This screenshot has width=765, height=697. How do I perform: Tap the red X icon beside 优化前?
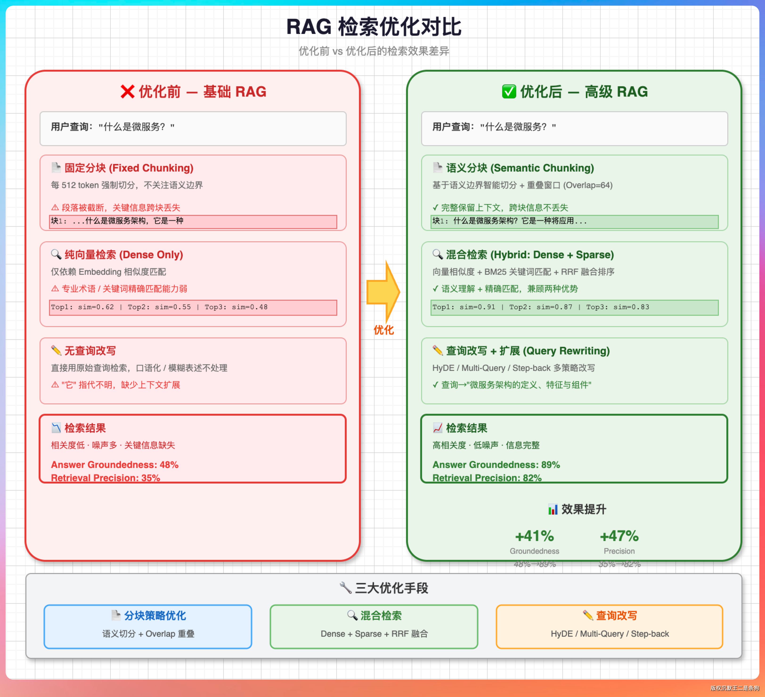coord(127,91)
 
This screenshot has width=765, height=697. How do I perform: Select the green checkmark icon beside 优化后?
coord(509,91)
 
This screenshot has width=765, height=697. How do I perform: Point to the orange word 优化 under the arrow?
coord(384,330)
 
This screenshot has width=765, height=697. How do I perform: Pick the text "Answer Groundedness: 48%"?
coord(115,465)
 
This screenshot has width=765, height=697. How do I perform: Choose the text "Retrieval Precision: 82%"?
coord(487,478)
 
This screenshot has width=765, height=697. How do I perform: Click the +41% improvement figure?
coord(534,536)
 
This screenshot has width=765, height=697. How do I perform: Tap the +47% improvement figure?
coord(619,536)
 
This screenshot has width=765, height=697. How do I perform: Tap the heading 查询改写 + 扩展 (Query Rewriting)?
coord(528,351)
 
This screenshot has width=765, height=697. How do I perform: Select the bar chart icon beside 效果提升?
coord(553,509)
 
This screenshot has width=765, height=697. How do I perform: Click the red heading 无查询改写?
coord(90,351)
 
